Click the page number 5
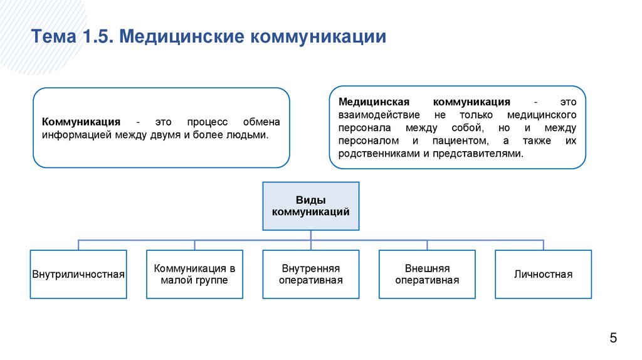click(x=613, y=339)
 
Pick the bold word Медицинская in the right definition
click(x=374, y=102)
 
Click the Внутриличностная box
click(x=78, y=274)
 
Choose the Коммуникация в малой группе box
click(x=194, y=274)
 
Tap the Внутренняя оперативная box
click(x=310, y=274)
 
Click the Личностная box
click(x=543, y=274)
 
